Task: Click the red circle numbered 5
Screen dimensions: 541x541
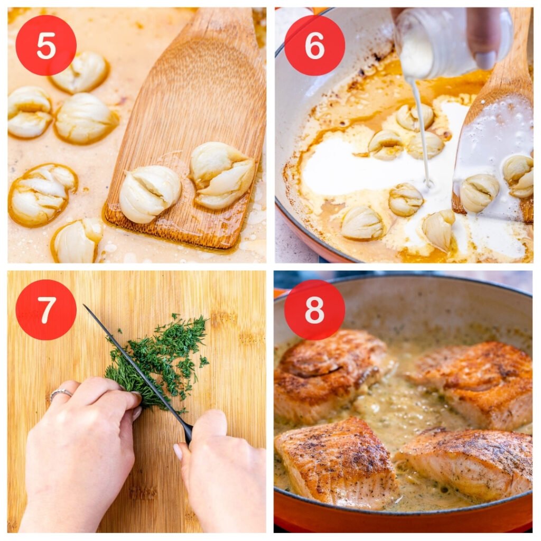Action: (x=46, y=45)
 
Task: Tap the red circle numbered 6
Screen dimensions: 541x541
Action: (x=314, y=45)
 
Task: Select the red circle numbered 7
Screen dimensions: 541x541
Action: (x=46, y=310)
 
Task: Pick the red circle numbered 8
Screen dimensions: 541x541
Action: (x=314, y=310)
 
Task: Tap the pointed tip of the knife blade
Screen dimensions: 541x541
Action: (x=85, y=306)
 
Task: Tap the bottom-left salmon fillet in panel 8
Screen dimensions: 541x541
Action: (x=335, y=462)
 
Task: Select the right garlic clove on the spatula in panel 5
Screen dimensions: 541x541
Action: (x=222, y=174)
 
